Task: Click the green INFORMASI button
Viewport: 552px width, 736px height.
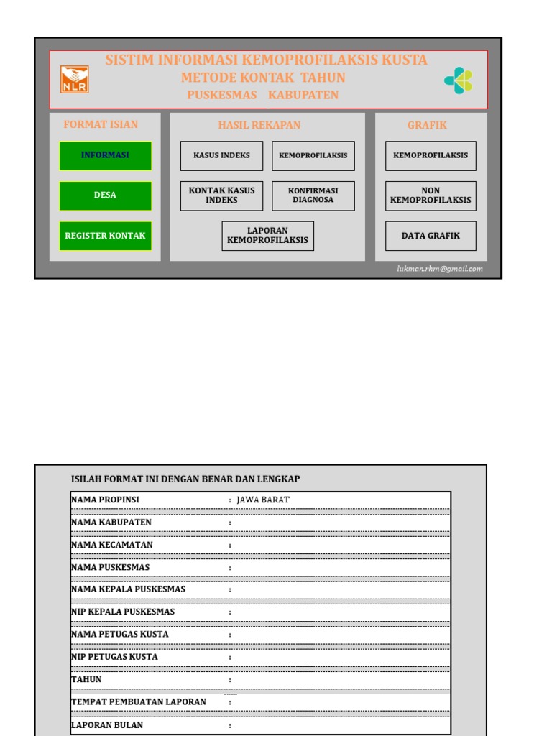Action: click(105, 155)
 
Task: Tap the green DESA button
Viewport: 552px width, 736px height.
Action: click(105, 195)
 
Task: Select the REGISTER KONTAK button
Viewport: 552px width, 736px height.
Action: click(105, 236)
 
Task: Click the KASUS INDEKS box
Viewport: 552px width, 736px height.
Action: click(221, 155)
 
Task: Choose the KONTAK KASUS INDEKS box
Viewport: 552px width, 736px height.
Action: click(221, 195)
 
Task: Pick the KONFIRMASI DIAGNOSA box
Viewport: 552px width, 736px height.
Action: click(313, 195)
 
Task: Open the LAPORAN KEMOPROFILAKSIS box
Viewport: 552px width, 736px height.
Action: click(267, 236)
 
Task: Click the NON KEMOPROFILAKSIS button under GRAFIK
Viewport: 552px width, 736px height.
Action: click(431, 195)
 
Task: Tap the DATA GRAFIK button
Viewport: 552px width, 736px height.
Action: click(431, 236)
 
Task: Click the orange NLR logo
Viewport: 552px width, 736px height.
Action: click(73, 79)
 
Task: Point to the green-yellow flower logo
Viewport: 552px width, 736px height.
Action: click(458, 80)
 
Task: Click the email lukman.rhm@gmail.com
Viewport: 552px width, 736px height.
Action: click(440, 270)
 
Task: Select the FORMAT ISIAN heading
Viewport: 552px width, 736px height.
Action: click(101, 124)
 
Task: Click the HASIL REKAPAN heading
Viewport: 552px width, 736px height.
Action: click(259, 125)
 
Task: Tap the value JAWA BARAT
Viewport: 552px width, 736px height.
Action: click(263, 500)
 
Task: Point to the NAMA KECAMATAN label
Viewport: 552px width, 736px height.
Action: click(111, 545)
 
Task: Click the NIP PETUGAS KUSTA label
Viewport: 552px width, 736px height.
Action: click(114, 657)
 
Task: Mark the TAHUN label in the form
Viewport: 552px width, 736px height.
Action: click(86, 679)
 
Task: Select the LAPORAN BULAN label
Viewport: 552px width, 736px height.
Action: click(107, 725)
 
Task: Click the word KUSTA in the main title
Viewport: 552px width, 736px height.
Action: click(404, 60)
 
